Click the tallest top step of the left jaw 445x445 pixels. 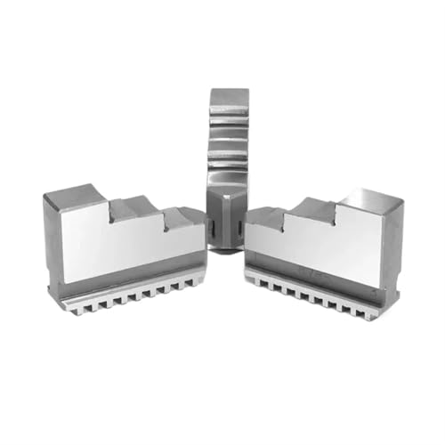77,195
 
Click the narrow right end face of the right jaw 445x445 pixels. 391,240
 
